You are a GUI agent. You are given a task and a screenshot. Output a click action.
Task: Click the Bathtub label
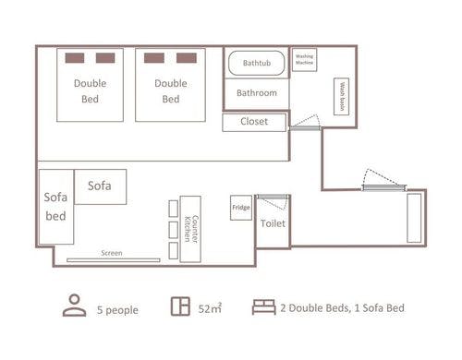(x=257, y=63)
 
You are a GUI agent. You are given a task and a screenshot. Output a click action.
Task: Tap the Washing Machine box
(x=304, y=60)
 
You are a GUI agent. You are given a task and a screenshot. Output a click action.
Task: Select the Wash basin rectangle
(x=342, y=96)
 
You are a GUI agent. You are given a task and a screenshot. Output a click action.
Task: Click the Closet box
(x=254, y=123)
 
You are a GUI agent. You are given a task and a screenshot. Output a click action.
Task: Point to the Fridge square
(x=241, y=208)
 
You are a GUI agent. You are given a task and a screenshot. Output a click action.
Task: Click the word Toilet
(x=273, y=223)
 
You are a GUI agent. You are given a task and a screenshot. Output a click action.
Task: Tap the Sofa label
(x=100, y=186)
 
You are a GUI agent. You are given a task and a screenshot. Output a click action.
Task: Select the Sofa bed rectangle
(x=56, y=207)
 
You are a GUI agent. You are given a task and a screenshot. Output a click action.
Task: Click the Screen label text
(x=112, y=253)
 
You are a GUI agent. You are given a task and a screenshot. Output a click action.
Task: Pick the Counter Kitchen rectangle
(x=190, y=229)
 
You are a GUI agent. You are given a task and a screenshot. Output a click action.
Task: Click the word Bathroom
(x=257, y=93)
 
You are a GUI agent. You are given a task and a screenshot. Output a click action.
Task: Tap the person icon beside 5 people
(x=75, y=306)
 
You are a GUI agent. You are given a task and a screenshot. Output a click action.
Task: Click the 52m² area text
(x=210, y=308)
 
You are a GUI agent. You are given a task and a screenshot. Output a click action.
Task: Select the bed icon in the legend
(x=264, y=307)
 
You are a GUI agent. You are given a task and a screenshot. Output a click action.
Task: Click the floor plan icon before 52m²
(x=180, y=306)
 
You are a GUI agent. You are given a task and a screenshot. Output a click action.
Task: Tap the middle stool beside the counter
(x=174, y=230)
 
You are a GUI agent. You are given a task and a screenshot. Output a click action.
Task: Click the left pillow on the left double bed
(x=75, y=58)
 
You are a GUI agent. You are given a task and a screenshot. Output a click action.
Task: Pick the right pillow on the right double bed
(x=187, y=58)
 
